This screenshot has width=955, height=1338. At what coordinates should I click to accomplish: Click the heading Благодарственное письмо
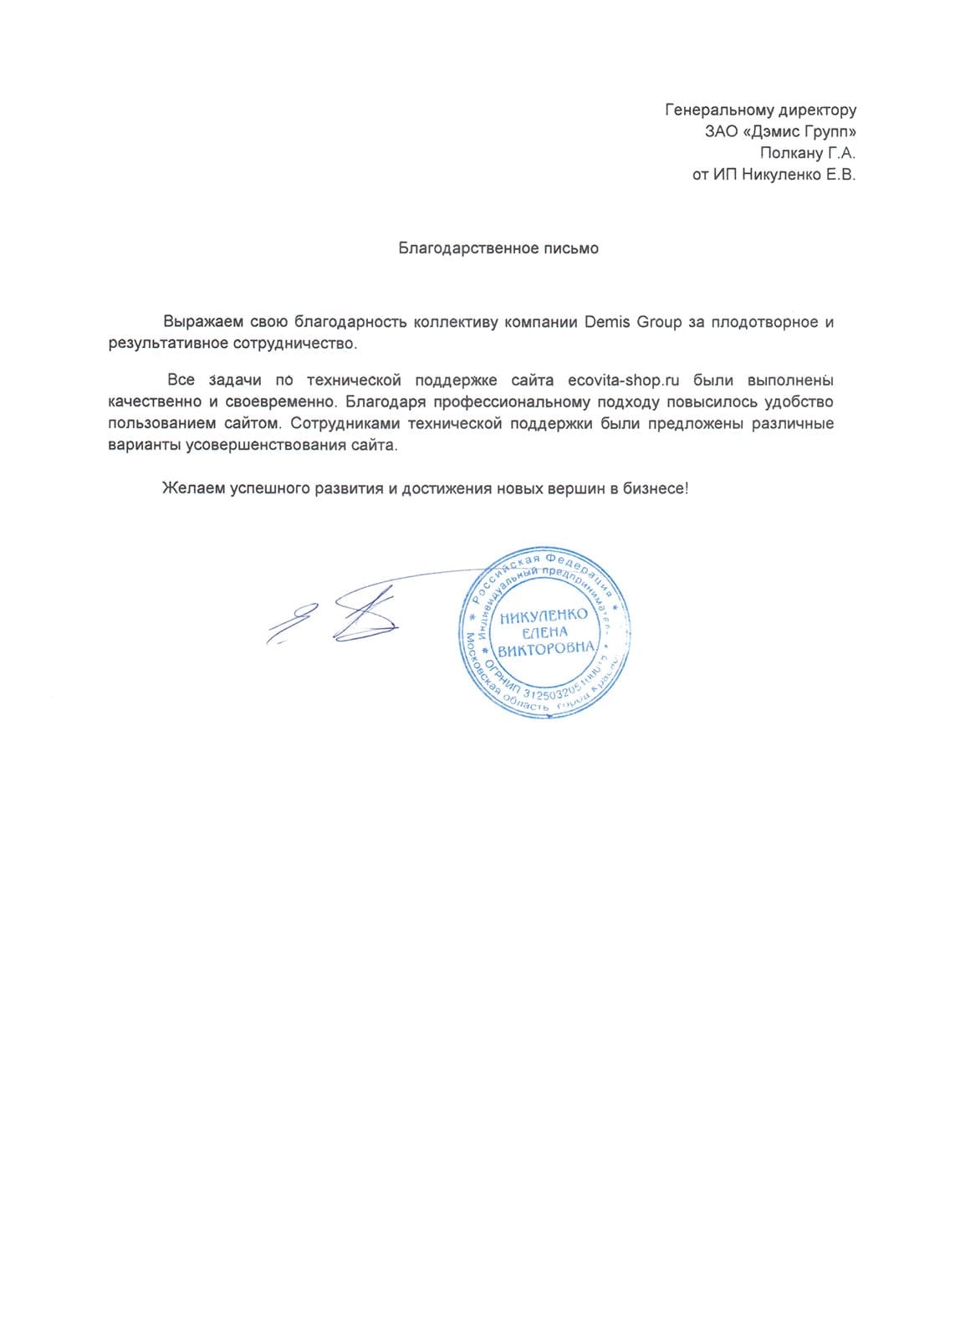coord(498,248)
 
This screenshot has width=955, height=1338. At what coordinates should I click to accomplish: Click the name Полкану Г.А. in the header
coord(808,153)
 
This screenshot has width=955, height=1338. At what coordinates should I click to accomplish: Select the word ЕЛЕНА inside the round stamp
coord(544,632)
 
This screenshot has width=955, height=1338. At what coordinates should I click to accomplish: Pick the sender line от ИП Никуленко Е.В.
coord(774,175)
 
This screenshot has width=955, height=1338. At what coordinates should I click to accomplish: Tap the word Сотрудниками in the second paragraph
coord(344,423)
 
